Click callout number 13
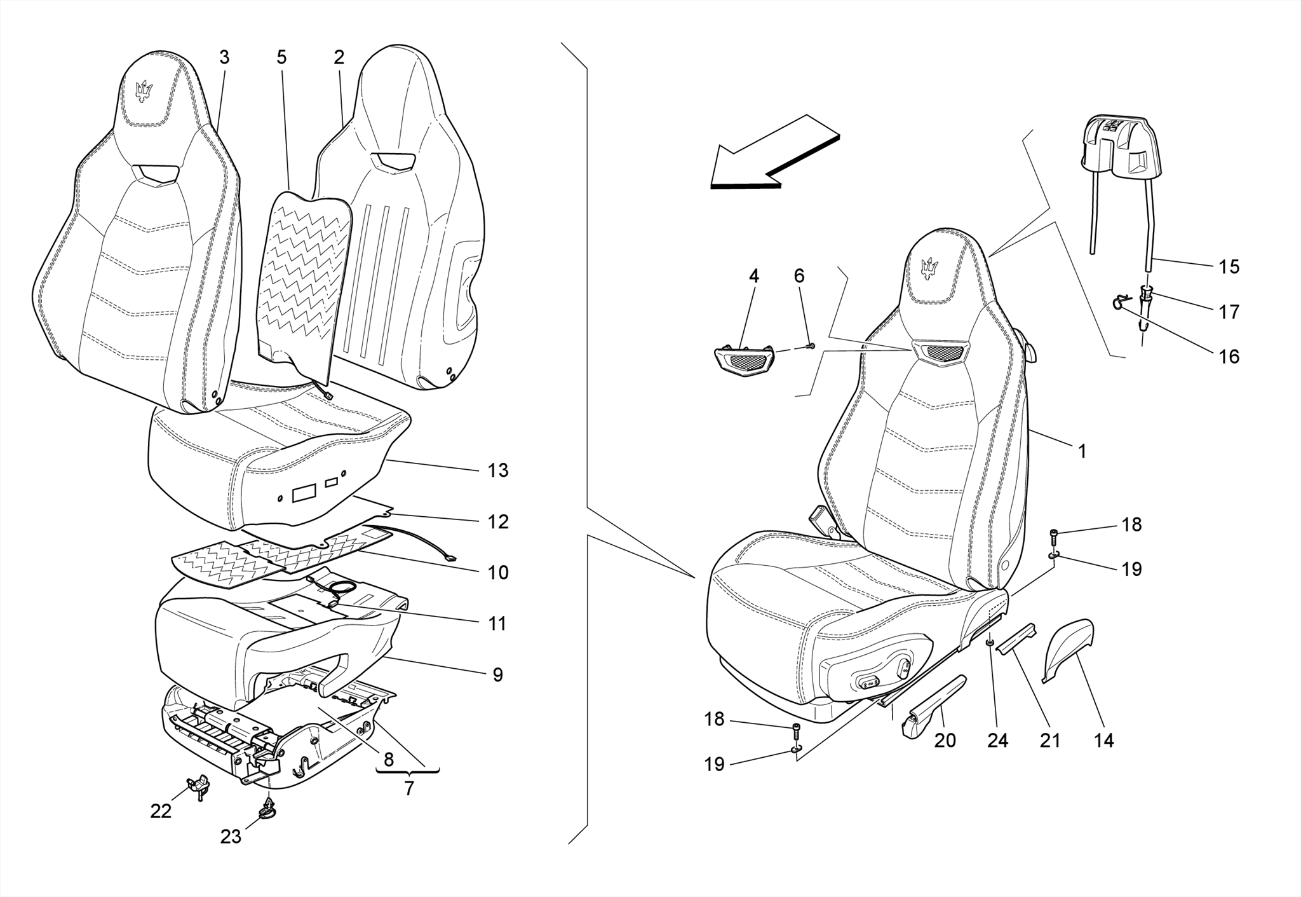pos(497,470)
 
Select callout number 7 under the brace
pos(408,788)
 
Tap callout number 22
pos(161,811)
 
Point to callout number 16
pos(1229,357)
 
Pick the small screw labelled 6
pos(811,346)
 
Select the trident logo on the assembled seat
pos(930,270)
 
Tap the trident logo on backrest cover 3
pos(145,92)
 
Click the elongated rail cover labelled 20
pos(933,705)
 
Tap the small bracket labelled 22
pos(199,784)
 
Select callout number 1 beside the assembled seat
pos(1082,452)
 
